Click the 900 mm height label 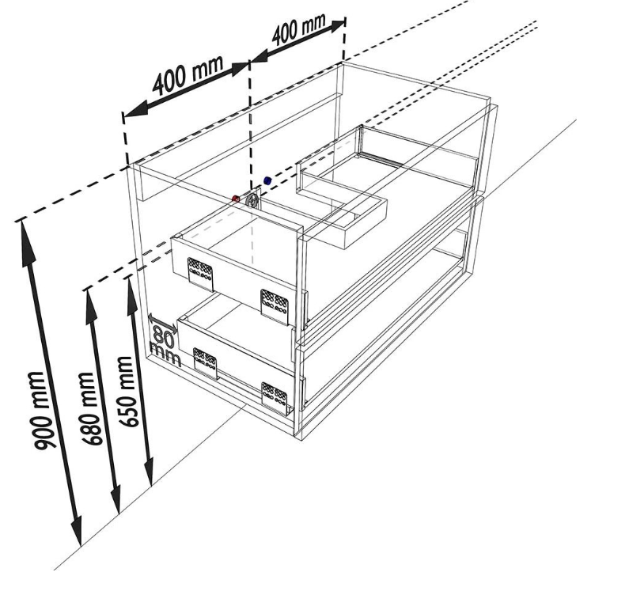(x=40, y=411)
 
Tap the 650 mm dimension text (x=126, y=391)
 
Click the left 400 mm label (x=188, y=75)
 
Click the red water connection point (x=236, y=199)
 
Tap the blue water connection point (x=267, y=180)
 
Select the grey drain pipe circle (x=252, y=200)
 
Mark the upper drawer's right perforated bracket (x=275, y=307)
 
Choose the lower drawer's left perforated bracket (x=206, y=363)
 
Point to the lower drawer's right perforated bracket (x=275, y=397)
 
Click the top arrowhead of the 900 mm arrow (x=25, y=241)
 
